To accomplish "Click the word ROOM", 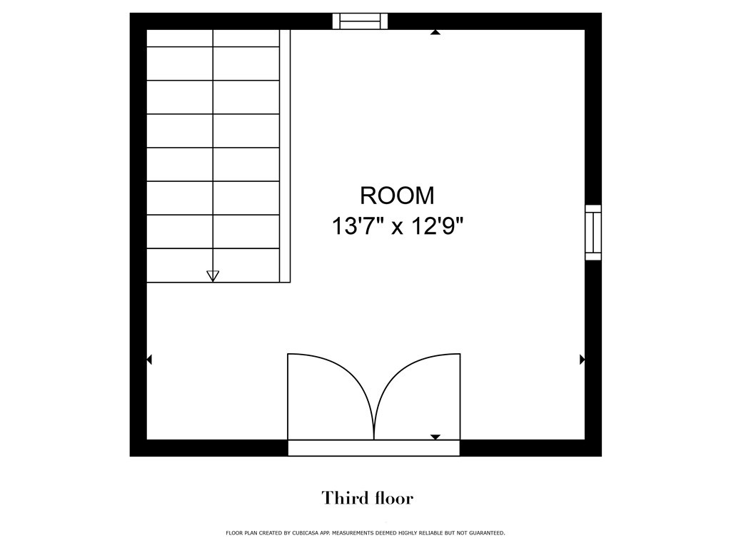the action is tap(397, 196).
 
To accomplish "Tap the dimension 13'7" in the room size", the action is tap(358, 227).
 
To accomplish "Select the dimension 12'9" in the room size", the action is tap(438, 227).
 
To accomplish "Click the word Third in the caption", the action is tap(342, 498).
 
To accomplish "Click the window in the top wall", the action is tap(360, 21).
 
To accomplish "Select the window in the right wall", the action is tap(593, 232).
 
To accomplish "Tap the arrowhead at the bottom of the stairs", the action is tap(213, 276).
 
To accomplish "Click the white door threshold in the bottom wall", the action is tap(374, 448).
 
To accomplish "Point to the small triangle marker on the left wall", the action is tap(149, 360).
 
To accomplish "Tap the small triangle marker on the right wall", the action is tap(583, 360).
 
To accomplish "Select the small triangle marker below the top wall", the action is tap(435, 32).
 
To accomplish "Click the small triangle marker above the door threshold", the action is tap(435, 437).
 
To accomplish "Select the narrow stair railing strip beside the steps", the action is tap(285, 156).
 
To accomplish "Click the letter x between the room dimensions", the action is tap(397, 229).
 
